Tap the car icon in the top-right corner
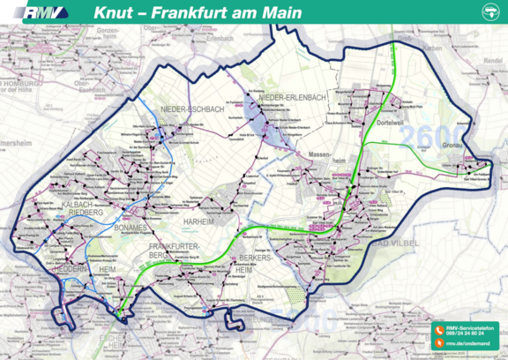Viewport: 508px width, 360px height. coord(491,12)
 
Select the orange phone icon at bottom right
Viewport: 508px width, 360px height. coord(437,330)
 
